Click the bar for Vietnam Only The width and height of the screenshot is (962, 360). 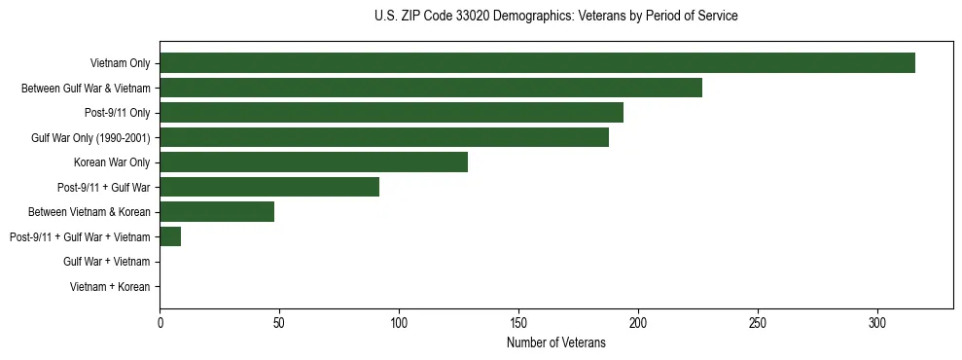tap(537, 63)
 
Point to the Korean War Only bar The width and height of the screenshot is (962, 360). tap(313, 162)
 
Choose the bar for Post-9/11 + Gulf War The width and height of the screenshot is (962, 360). tap(269, 188)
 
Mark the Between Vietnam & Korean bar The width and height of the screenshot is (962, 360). tap(217, 212)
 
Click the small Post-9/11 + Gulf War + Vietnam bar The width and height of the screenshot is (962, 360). tap(170, 236)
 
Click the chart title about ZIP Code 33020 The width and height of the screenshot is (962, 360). tap(555, 17)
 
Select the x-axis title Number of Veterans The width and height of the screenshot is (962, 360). tap(555, 343)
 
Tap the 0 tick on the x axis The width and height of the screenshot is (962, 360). tap(160, 322)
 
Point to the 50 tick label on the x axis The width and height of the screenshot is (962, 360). tap(279, 322)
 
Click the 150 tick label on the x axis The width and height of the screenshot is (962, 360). tap(518, 322)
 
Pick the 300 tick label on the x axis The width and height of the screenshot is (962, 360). tap(877, 322)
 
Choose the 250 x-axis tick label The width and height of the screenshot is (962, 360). tap(758, 322)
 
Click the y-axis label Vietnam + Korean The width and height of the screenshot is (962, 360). tap(110, 287)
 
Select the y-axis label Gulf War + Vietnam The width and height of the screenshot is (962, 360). tap(106, 262)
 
